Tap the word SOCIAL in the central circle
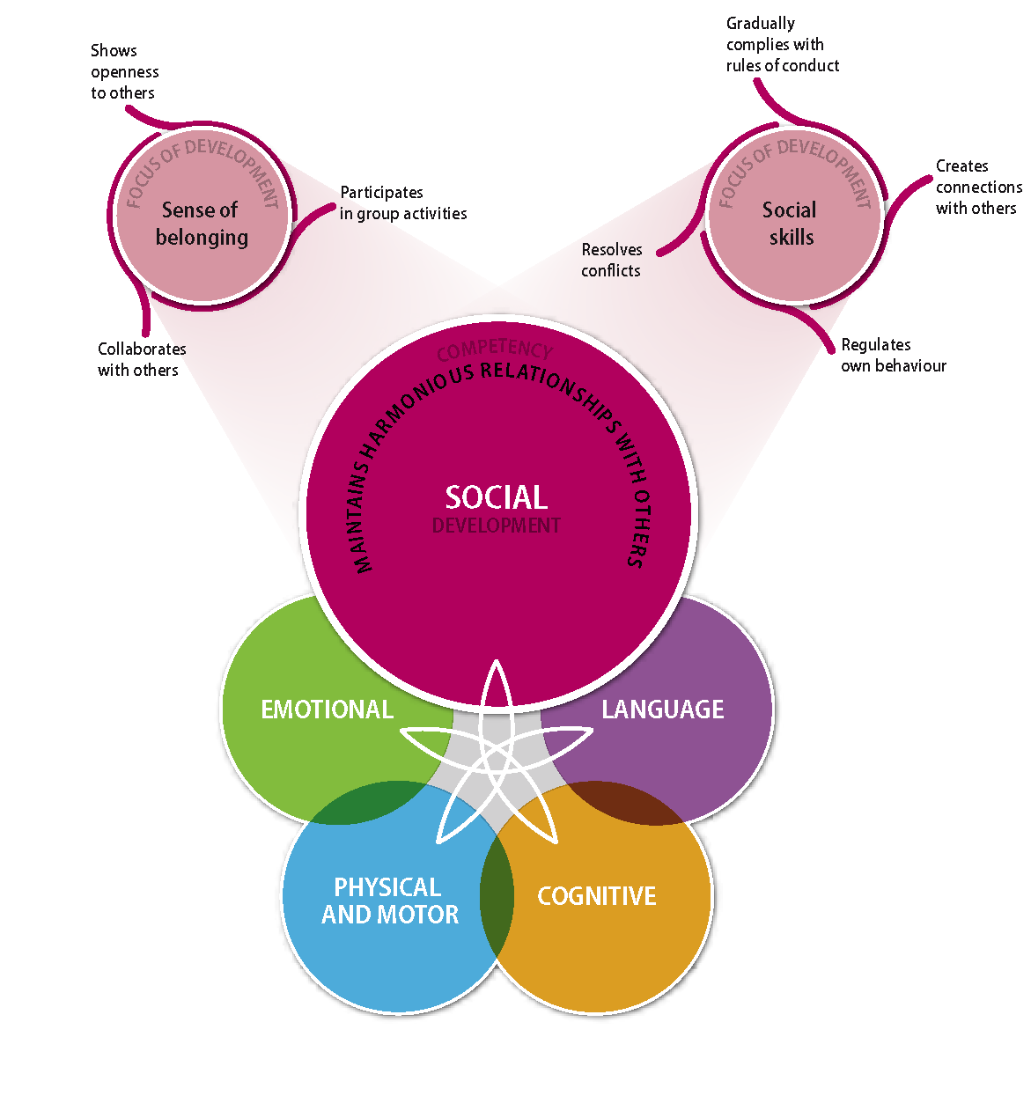pos(497,497)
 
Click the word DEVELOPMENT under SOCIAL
pos(497,526)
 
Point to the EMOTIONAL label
pos(327,710)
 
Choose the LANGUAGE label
pos(663,710)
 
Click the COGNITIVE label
pos(597,896)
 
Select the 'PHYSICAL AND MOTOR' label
pos(389,901)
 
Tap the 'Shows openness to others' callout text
pos(124,71)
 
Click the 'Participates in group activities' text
pos(403,202)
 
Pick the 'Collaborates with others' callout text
pos(142,359)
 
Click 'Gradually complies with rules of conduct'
pos(782,44)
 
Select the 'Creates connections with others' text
pos(978,187)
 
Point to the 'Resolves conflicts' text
pos(612,260)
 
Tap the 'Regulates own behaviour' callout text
pos(893,355)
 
